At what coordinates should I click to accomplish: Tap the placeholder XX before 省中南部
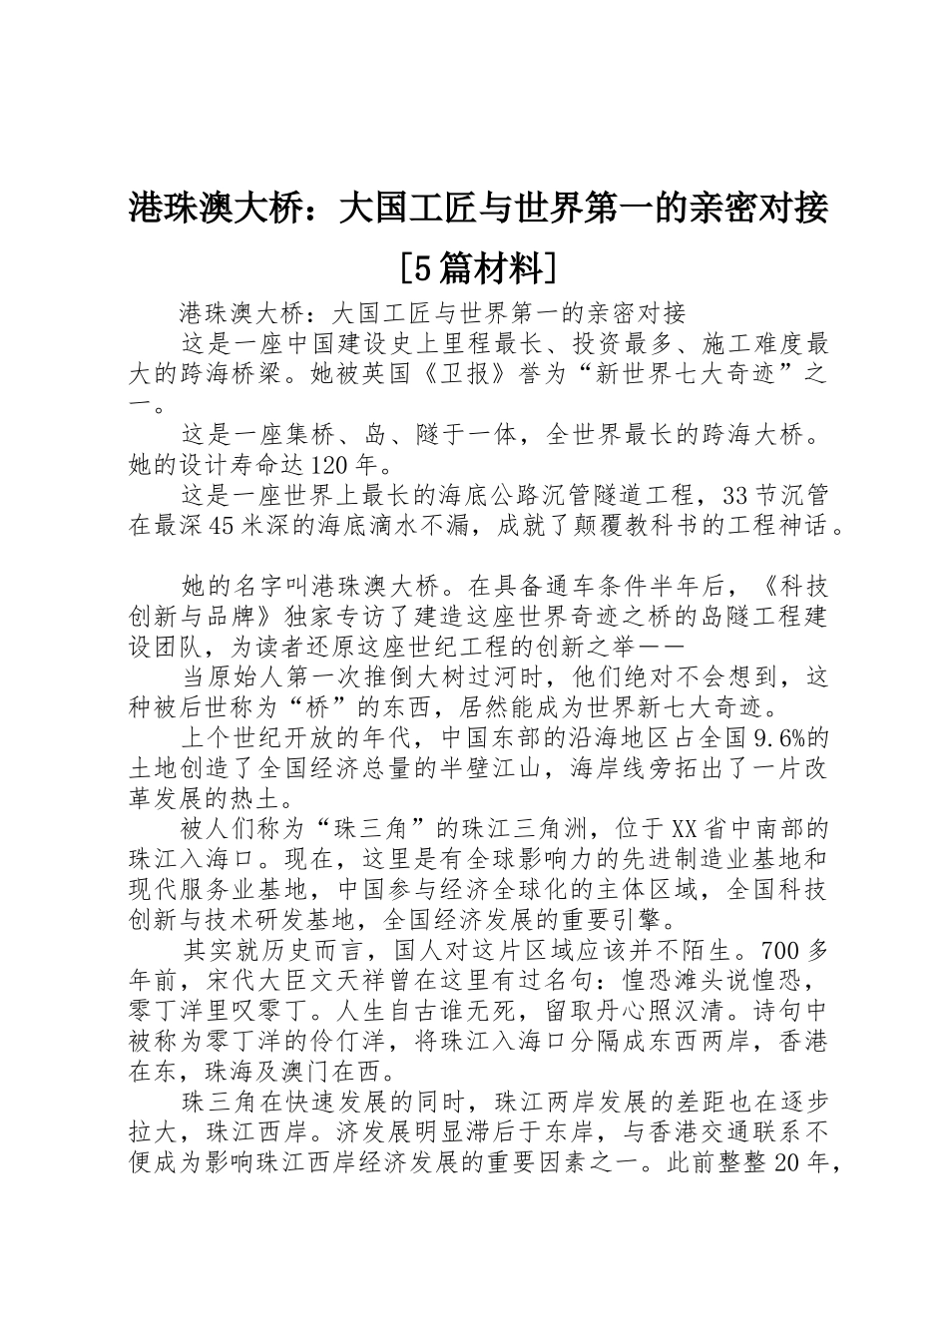pyautogui.click(x=684, y=829)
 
